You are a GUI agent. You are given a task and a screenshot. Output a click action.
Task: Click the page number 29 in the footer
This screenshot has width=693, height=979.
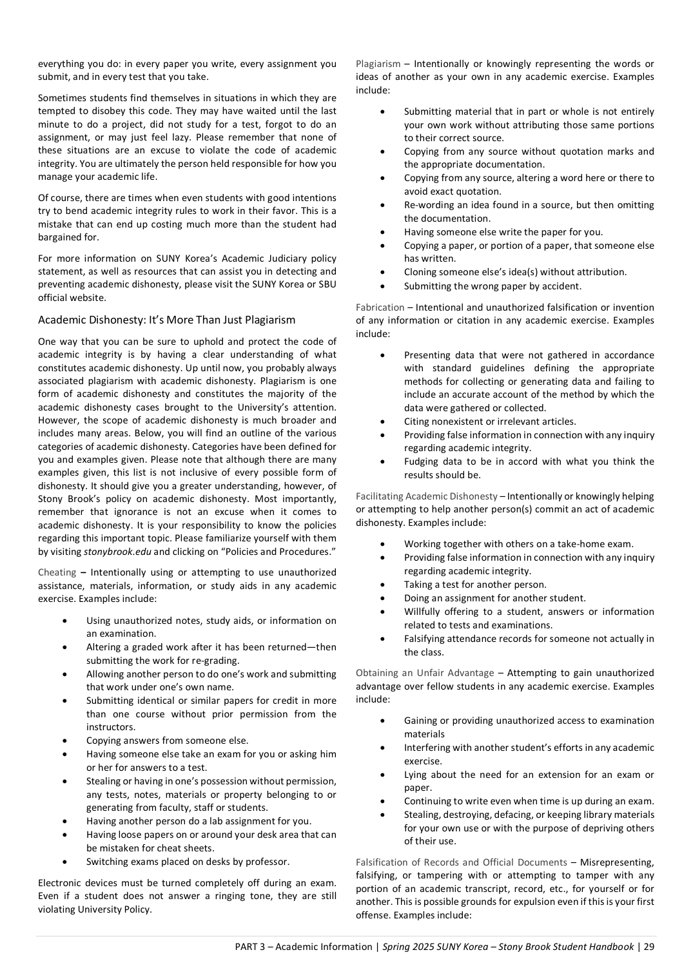[649, 947]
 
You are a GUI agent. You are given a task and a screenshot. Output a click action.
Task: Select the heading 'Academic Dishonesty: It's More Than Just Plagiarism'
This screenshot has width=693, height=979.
[166, 320]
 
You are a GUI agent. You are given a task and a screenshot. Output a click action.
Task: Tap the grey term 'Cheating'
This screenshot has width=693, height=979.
[57, 572]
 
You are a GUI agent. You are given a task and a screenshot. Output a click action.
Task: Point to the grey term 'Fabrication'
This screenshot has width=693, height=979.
[380, 307]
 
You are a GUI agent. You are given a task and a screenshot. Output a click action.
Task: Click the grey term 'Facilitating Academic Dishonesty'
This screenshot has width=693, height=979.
[426, 496]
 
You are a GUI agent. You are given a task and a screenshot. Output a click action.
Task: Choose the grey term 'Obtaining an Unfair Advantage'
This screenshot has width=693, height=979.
[425, 673]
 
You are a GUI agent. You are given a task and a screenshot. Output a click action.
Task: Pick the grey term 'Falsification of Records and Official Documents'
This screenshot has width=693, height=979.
[461, 862]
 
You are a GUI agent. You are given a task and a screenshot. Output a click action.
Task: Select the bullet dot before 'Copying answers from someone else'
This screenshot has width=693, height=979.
[66, 741]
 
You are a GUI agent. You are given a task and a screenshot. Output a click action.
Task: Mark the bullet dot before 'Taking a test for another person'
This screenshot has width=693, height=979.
[383, 585]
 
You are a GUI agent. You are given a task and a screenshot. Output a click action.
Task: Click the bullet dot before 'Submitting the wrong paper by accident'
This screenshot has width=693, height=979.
[383, 286]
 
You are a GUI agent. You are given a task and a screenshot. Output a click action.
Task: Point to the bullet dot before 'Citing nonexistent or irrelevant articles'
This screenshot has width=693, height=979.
[383, 422]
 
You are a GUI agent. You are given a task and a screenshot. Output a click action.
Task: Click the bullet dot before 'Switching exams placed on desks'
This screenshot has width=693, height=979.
[66, 862]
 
